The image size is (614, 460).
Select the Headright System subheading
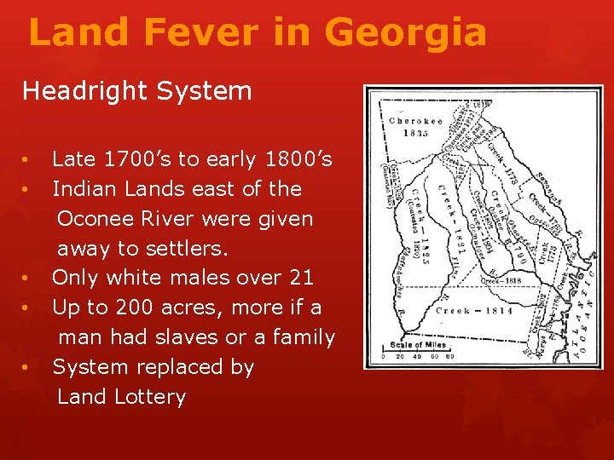click(136, 91)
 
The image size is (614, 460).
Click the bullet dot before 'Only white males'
click(28, 279)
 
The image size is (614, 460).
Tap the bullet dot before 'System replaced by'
click(28, 368)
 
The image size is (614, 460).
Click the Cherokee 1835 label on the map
click(415, 126)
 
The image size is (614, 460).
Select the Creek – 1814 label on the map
click(474, 312)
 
